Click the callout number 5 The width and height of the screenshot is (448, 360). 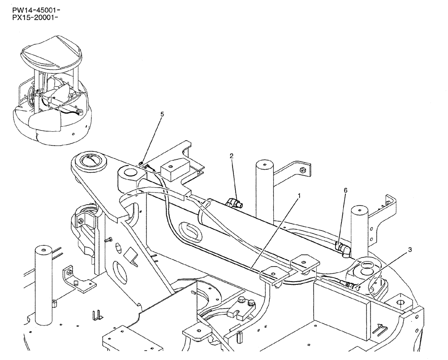click(162, 114)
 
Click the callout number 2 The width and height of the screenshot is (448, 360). click(232, 156)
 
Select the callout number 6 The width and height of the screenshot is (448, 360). click(345, 190)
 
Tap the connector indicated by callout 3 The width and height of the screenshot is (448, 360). click(352, 284)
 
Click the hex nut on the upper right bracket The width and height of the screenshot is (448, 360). click(303, 170)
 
